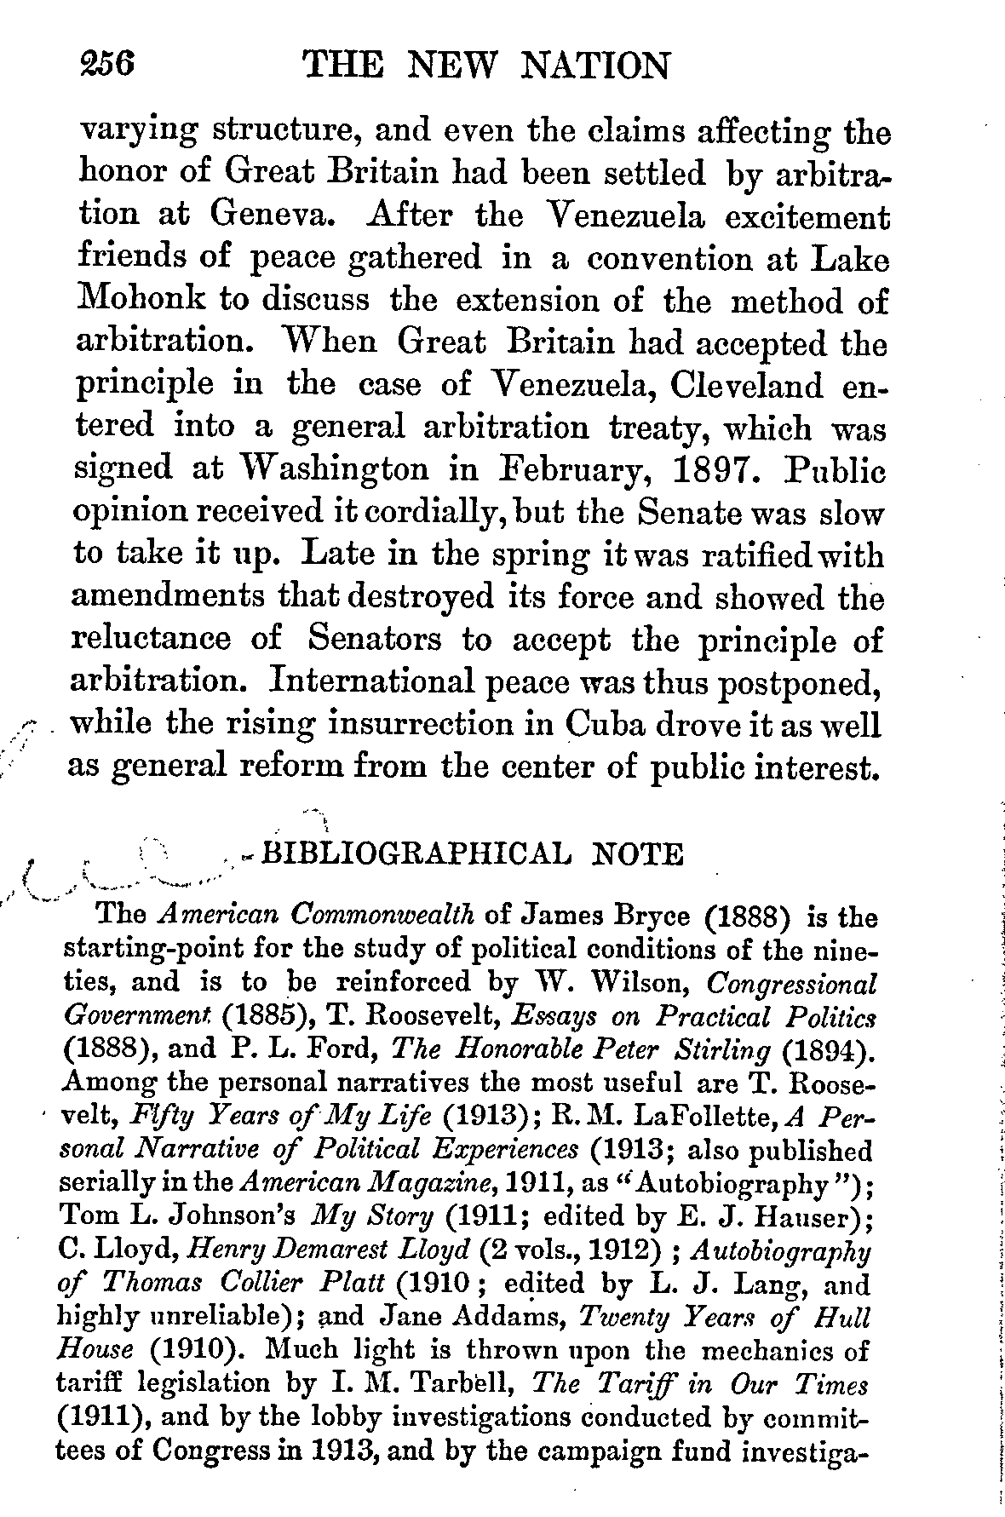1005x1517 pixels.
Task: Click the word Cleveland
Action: (747, 385)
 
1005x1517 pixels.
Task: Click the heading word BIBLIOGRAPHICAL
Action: (415, 853)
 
